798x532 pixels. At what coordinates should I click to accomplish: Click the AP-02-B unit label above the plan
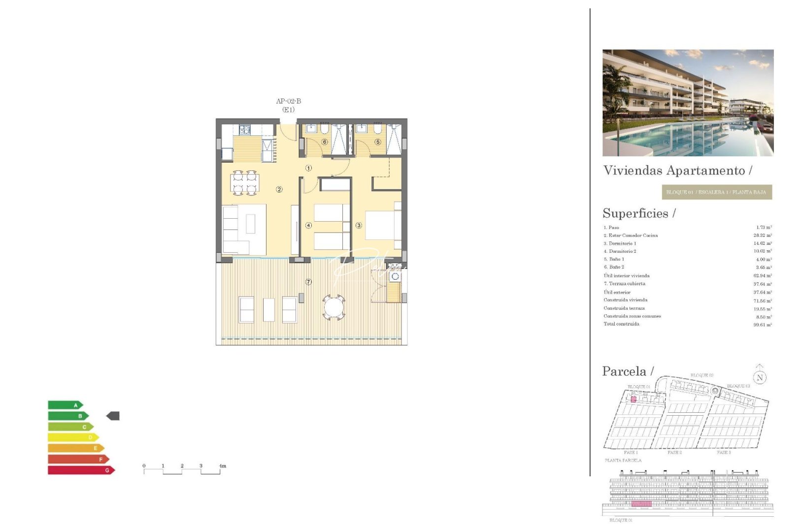coord(288,101)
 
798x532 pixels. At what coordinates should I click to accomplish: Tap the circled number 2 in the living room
coord(279,190)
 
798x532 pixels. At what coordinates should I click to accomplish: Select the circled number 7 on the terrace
coord(308,282)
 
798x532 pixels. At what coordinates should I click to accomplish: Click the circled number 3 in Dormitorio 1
coord(359,226)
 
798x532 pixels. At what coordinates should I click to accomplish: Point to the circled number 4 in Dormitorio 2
coord(308,226)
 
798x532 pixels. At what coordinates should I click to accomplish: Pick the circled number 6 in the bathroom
coord(325,142)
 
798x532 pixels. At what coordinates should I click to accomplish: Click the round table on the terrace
coord(334,308)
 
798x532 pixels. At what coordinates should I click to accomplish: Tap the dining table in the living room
coord(245,183)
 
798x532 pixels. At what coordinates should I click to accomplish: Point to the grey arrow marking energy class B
coord(113,416)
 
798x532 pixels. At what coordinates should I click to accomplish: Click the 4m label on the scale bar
coord(222,466)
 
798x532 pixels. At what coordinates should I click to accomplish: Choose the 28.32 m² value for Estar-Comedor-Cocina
coord(762,235)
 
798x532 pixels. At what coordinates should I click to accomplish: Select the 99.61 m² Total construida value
coord(762,325)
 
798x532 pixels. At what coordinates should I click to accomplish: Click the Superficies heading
coord(639,213)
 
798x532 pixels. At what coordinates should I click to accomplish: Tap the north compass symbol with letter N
coord(760,377)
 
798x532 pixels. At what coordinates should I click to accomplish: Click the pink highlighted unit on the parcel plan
coord(633,399)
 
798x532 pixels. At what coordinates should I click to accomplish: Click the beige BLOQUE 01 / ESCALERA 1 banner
coord(716,192)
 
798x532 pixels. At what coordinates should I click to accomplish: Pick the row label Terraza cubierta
coord(627,284)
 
